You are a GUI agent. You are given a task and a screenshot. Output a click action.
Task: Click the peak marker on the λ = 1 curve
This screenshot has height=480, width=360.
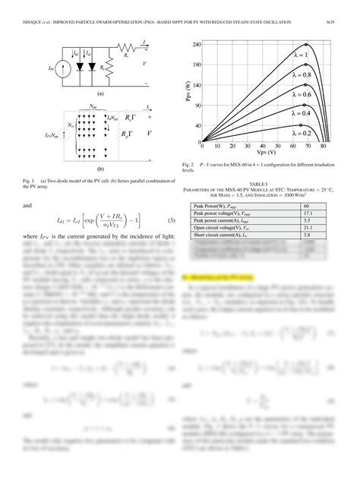[x=307, y=46]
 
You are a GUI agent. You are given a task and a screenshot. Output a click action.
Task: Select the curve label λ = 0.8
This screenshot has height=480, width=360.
[x=302, y=75]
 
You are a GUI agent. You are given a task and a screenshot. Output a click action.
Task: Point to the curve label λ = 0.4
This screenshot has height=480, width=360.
[x=302, y=112]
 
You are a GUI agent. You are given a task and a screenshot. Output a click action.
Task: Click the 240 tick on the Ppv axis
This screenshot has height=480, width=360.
[x=195, y=45]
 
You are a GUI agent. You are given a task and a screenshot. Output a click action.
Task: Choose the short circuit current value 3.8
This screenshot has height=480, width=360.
[x=306, y=236]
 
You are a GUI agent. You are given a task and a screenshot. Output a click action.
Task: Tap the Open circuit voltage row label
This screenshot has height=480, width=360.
[x=220, y=229]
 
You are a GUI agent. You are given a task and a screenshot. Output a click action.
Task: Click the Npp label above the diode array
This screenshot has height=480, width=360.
[x=93, y=106]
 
